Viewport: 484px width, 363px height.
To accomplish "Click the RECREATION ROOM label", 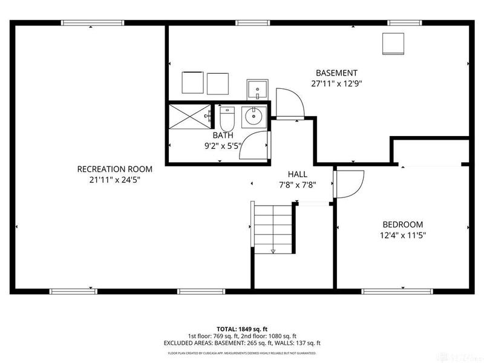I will coord(114,169).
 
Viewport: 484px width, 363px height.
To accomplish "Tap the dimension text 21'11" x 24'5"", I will coord(114,179).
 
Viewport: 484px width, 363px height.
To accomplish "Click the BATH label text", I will coord(222,136).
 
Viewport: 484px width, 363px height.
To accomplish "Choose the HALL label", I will coord(297,174).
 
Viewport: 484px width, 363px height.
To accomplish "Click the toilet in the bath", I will coord(226,117).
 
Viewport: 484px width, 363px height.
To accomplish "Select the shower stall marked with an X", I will coord(188,116).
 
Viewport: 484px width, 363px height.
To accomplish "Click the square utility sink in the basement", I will coord(257,89).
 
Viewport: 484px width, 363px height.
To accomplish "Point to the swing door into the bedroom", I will coord(349,183).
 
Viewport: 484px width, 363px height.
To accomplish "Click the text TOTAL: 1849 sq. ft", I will coord(242,329).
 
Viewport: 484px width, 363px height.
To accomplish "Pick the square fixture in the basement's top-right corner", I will coord(393,43).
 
